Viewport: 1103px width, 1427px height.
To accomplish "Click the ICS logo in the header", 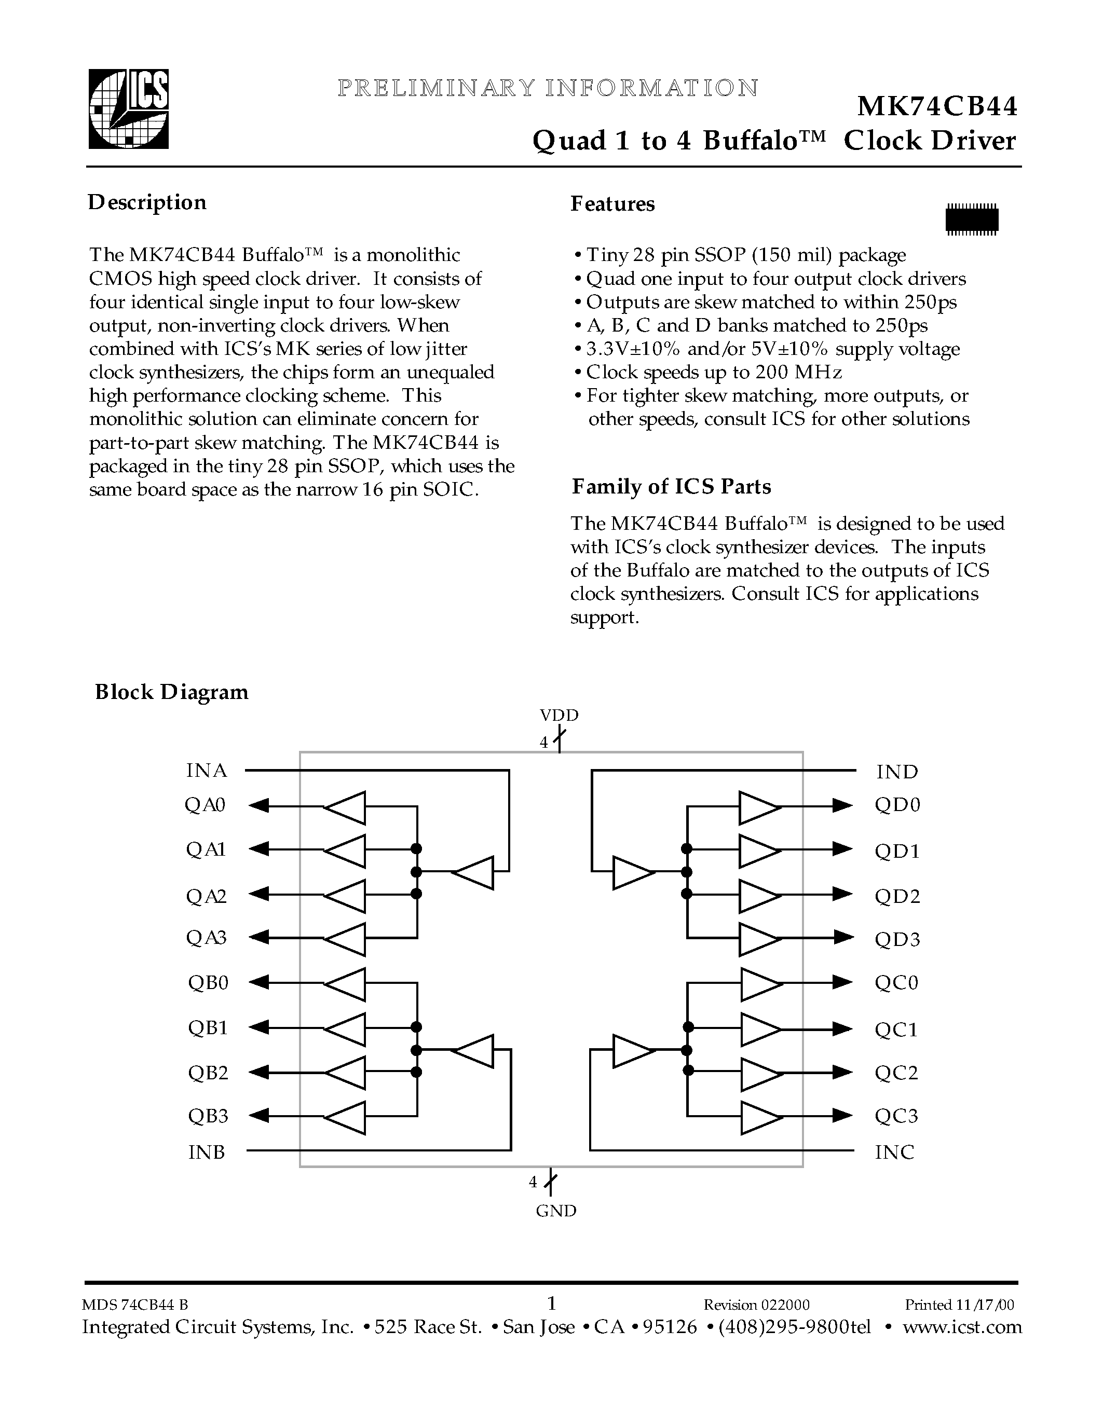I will pos(129,109).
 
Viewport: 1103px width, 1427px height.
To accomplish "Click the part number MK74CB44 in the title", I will pos(937,106).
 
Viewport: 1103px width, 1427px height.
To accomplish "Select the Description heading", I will pos(147,202).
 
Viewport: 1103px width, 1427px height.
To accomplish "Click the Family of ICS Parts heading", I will pos(671,487).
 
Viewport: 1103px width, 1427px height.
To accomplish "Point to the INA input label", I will pos(207,771).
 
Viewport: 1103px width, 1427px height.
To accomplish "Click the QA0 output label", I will pos(205,805).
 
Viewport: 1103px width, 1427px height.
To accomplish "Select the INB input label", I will pos(207,1152).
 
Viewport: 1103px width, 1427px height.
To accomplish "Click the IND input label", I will pos(897,772).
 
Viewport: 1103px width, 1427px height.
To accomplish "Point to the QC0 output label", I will pos(896,983).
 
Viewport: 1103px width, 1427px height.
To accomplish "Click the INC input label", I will pos(894,1152).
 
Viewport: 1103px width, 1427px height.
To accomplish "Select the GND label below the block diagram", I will pos(556,1211).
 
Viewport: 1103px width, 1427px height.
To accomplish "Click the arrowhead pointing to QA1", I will pos(260,849).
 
